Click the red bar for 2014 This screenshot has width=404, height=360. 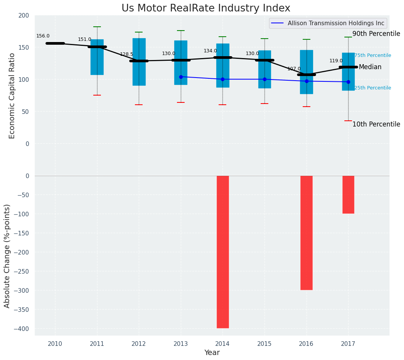tap(222, 251)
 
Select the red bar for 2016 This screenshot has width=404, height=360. tap(306, 232)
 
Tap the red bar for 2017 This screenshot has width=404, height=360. tap(348, 194)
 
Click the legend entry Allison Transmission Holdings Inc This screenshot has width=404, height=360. tap(328, 23)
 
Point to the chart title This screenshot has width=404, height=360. tap(206, 8)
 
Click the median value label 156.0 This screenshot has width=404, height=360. tap(43, 36)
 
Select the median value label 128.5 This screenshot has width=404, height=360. tap(127, 54)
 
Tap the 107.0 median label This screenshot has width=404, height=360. tap(294, 69)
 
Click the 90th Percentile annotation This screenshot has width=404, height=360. tap(376, 34)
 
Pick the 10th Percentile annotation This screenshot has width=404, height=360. tap(376, 125)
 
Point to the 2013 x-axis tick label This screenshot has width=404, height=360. tap(181, 344)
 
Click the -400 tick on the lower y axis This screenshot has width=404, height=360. tap(22, 329)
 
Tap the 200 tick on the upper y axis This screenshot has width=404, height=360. tap(24, 15)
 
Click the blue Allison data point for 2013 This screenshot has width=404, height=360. tap(181, 77)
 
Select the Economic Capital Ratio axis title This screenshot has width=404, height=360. tap(12, 96)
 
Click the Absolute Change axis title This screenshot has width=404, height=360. tap(7, 256)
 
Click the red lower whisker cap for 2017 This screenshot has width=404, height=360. tap(348, 121)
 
